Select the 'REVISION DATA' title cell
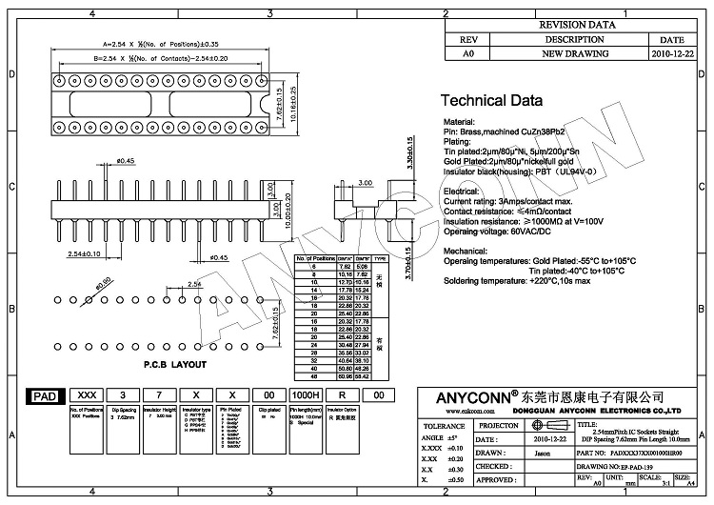point(579,26)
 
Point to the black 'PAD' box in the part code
point(43,394)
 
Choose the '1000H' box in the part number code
point(305,394)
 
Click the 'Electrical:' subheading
point(461,192)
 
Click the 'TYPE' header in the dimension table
point(379,258)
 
